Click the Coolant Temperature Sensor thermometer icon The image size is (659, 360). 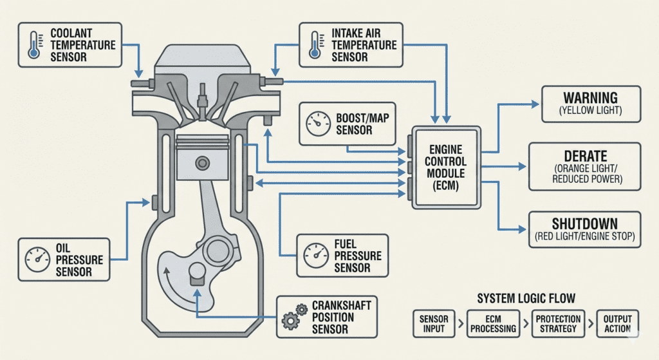[x=33, y=45]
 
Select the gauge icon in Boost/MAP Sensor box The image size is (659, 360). [x=318, y=124]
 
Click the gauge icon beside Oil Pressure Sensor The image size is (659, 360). [x=37, y=260]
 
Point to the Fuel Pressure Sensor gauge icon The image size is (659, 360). [x=315, y=256]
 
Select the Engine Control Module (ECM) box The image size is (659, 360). [x=446, y=166]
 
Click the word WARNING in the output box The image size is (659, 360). [x=590, y=99]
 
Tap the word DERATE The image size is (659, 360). [x=586, y=156]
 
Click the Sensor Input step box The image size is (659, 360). [x=434, y=324]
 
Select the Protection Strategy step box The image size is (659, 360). [x=558, y=324]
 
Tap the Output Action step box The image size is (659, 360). [x=617, y=324]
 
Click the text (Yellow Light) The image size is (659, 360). [x=590, y=111]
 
